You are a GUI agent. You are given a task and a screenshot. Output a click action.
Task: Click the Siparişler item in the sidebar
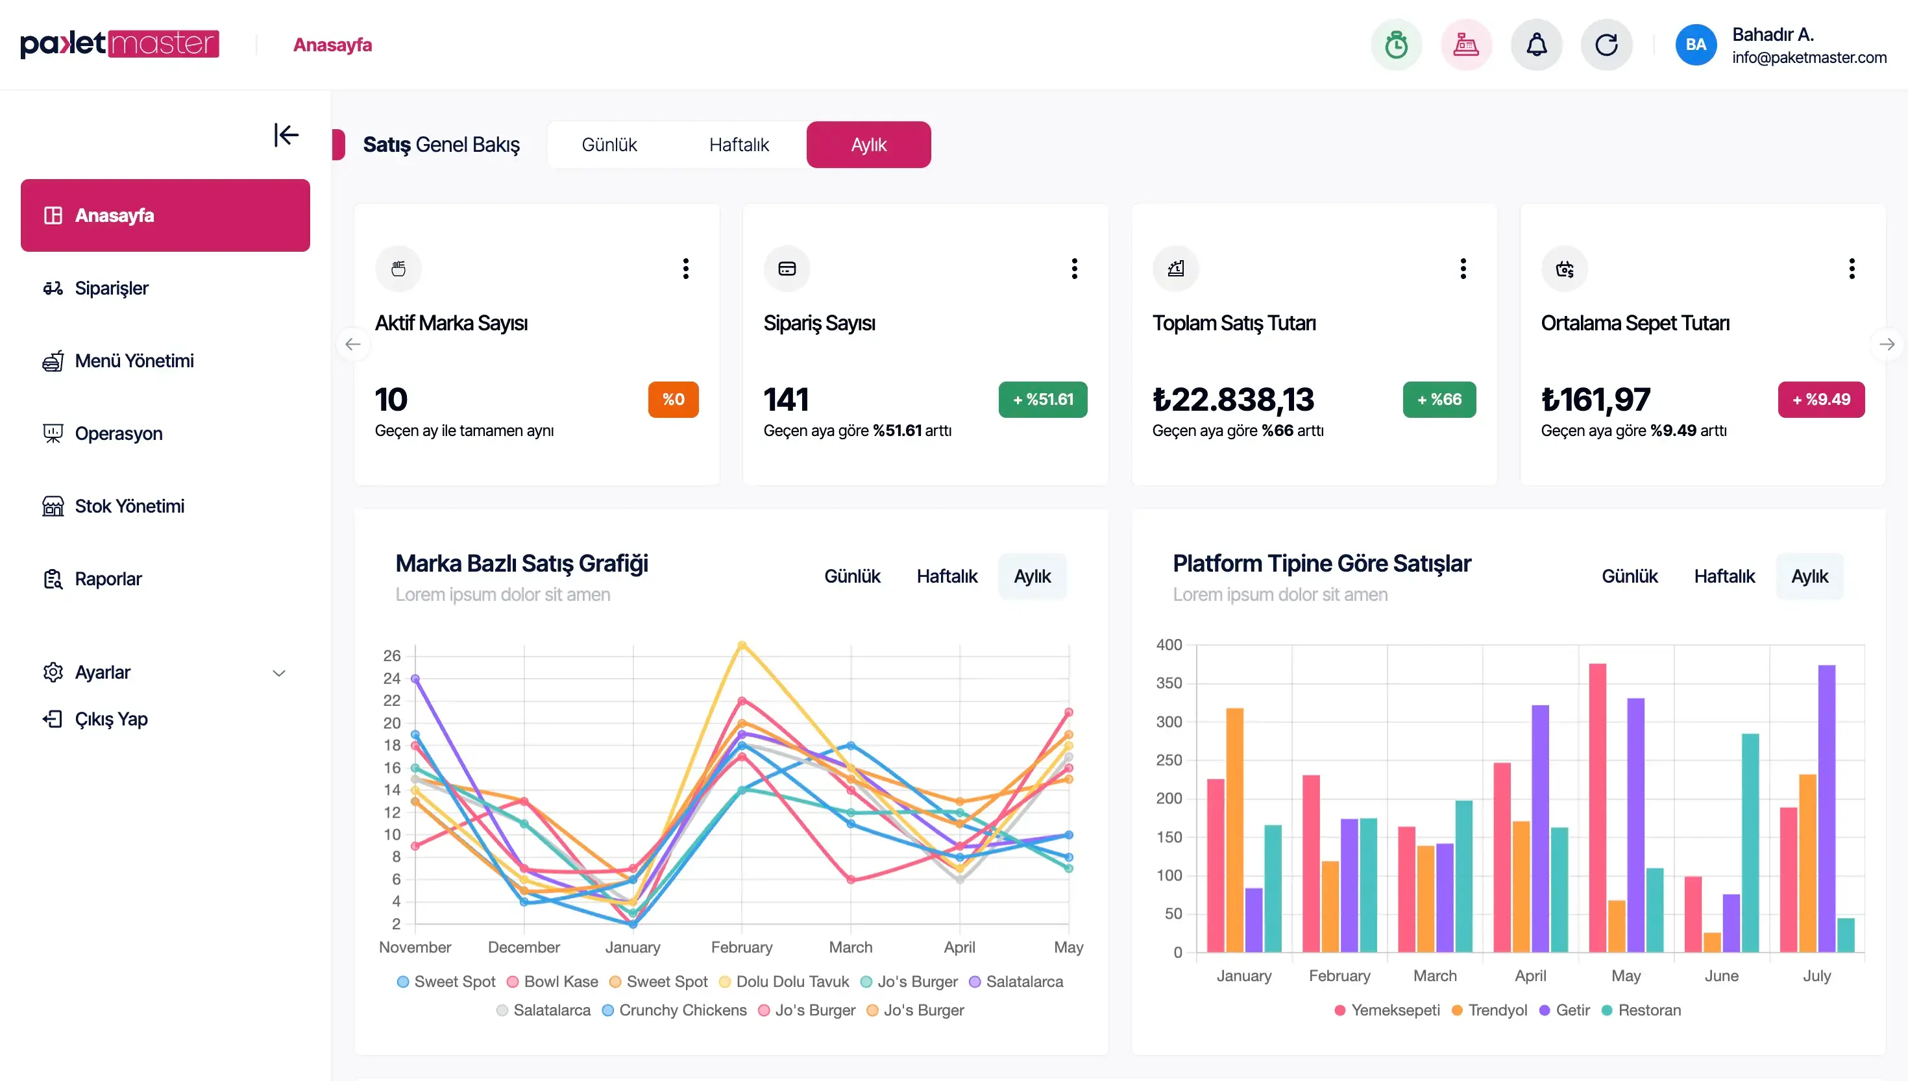tap(112, 288)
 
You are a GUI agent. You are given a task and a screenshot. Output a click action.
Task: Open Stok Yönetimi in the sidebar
tap(129, 506)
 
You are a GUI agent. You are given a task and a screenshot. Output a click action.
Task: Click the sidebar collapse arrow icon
tap(286, 135)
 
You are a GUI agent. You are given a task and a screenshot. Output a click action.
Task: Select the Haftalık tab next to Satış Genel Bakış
tap(739, 145)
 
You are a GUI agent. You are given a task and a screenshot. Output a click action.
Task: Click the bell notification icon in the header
tap(1536, 45)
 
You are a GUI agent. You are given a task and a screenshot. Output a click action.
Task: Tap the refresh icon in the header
tap(1606, 45)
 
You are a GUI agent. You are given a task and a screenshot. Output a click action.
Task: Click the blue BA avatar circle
tap(1696, 45)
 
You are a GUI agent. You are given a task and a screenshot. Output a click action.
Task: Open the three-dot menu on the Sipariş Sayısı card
tap(1073, 268)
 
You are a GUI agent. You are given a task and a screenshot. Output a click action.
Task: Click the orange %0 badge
tap(672, 400)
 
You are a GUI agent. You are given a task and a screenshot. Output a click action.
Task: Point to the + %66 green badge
tap(1439, 400)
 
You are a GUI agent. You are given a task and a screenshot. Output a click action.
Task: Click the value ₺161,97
tap(1595, 400)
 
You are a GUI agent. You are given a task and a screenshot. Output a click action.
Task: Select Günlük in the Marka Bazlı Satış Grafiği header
tap(851, 576)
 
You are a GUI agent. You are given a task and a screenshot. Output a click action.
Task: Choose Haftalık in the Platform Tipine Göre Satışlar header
tap(1724, 576)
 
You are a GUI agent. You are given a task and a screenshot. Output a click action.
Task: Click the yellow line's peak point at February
tap(742, 644)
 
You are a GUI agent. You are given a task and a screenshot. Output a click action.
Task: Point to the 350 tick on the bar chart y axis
tap(1169, 683)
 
